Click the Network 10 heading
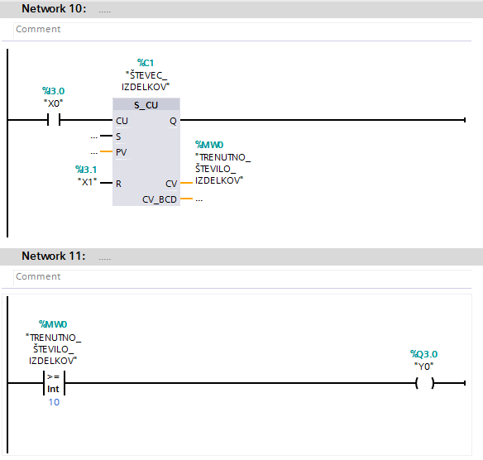coord(54,8)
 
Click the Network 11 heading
coord(53,256)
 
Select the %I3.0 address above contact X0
coord(53,91)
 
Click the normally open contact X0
coord(54,119)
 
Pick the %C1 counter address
coord(146,63)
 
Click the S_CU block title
coord(146,105)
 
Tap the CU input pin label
coord(122,121)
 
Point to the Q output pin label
coord(173,121)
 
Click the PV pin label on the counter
coord(121,152)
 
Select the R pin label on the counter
coord(118,184)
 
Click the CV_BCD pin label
coord(160,199)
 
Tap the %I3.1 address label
coord(86,170)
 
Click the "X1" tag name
coord(88,182)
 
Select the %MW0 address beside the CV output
coord(209,145)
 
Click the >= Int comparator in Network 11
coord(54,383)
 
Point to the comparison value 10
coord(54,402)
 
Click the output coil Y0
coord(425,383)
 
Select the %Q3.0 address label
coord(423,354)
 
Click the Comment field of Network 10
coord(242,29)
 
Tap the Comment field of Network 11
coord(242,276)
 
